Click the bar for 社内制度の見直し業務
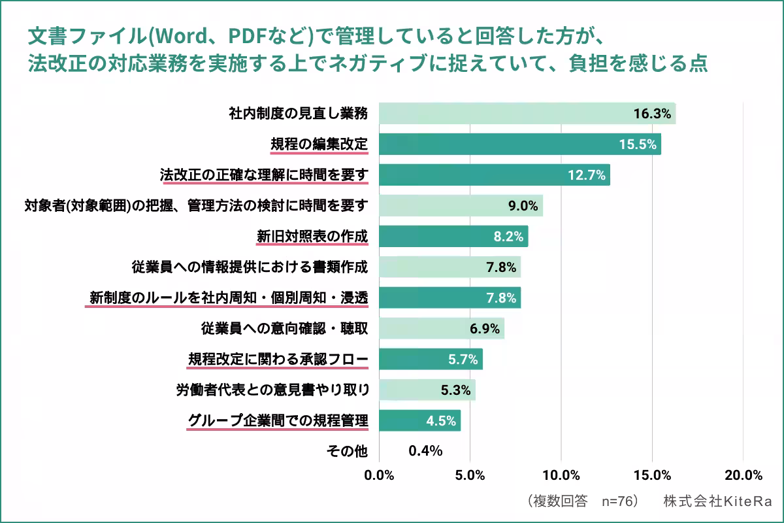[527, 114]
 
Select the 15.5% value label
[637, 144]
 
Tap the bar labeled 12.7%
[494, 175]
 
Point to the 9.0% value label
[523, 206]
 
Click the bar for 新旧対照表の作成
[453, 237]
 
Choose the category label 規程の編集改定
[319, 144]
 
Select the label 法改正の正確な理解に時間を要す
[264, 175]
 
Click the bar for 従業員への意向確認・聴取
[441, 328]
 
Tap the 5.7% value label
[461, 359]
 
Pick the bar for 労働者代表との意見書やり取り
[427, 390]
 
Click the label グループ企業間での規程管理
[277, 420]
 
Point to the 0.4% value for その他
[425, 451]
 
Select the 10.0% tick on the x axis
[561, 475]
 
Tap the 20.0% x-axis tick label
[743, 475]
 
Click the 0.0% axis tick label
[379, 475]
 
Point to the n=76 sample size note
[618, 501]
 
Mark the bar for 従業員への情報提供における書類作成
[449, 267]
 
